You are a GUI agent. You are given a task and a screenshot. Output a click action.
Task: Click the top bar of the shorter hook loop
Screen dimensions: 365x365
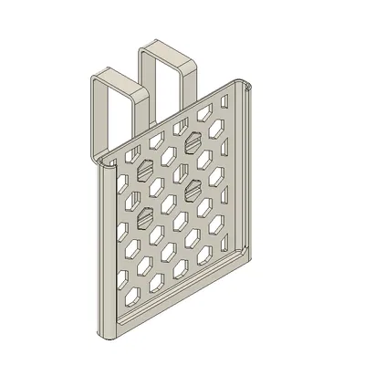[120, 72]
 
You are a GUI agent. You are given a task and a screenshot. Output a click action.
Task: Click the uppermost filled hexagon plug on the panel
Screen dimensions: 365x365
[194, 143]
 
